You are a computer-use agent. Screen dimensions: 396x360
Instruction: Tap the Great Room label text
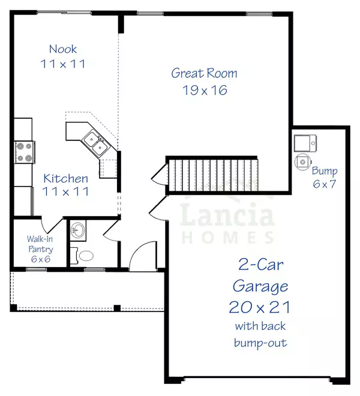tap(204, 73)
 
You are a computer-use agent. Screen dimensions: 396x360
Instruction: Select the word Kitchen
tap(66, 178)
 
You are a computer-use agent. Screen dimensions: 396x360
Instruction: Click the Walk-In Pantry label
tap(37, 243)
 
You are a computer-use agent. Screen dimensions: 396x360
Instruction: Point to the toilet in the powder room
tap(84, 255)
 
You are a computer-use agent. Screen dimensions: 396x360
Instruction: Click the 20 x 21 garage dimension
tap(259, 307)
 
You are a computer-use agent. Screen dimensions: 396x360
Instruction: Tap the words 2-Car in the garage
tap(259, 265)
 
